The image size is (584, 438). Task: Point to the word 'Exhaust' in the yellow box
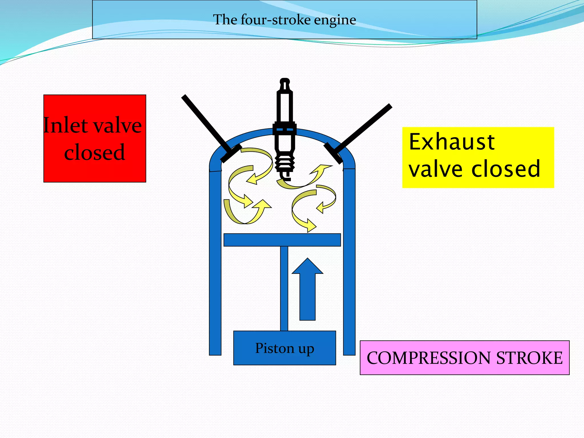coord(451,142)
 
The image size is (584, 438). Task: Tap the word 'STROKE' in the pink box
coord(529,358)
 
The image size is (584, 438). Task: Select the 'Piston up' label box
coord(284,348)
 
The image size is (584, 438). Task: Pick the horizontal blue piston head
coord(282,240)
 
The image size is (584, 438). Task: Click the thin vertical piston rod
coord(284,288)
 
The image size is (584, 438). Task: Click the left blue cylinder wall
coord(215,262)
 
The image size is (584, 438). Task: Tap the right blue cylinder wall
coord(349,262)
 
